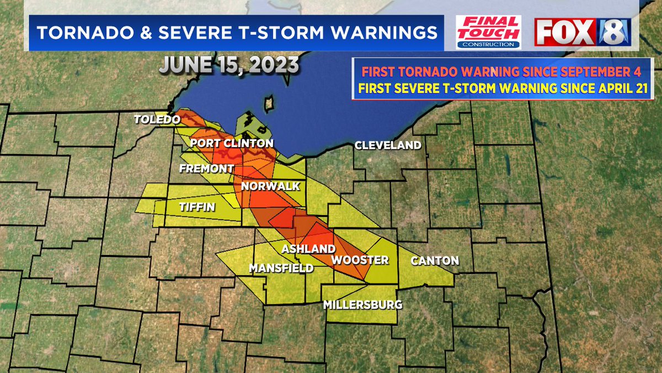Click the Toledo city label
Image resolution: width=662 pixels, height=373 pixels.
(x=157, y=120)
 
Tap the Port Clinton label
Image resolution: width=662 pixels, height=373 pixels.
(x=232, y=144)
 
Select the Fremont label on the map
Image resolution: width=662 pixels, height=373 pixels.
(x=207, y=168)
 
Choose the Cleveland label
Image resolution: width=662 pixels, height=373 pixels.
(x=388, y=145)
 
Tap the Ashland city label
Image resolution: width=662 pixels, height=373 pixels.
(x=308, y=249)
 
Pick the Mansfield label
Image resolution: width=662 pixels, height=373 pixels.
(x=281, y=269)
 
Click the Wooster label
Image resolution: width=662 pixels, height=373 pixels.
(x=360, y=260)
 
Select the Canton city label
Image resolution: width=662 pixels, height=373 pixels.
(x=436, y=260)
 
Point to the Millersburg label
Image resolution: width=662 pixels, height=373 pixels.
(x=362, y=304)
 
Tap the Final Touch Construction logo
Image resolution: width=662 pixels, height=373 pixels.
(x=488, y=32)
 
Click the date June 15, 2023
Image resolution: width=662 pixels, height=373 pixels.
(x=229, y=65)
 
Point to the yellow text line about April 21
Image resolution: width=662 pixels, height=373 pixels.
(x=501, y=87)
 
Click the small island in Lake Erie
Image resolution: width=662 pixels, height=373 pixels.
(x=270, y=103)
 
